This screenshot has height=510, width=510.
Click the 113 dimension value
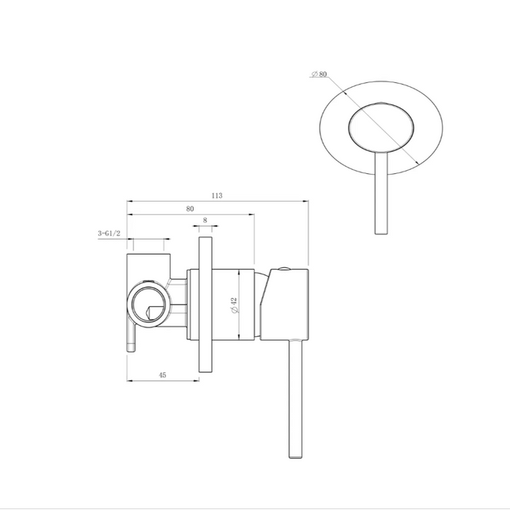click(217, 195)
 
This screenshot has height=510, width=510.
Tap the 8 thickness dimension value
click(205, 220)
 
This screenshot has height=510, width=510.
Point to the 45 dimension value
click(163, 375)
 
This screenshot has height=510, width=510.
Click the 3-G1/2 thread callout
click(109, 233)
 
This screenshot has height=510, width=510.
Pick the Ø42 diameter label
click(234, 305)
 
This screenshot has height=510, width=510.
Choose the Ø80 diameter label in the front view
click(319, 74)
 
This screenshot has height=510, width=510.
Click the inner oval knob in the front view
click(381, 128)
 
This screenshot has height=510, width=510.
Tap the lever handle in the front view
click(381, 193)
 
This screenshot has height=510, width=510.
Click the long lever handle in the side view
click(296, 399)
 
